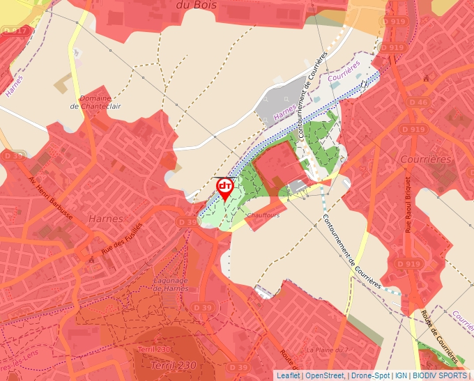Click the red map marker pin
224,188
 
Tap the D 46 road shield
419,102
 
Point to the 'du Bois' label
193,5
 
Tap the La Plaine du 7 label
326,349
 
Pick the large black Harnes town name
106,218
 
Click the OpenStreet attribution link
325,375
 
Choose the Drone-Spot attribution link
370,375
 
